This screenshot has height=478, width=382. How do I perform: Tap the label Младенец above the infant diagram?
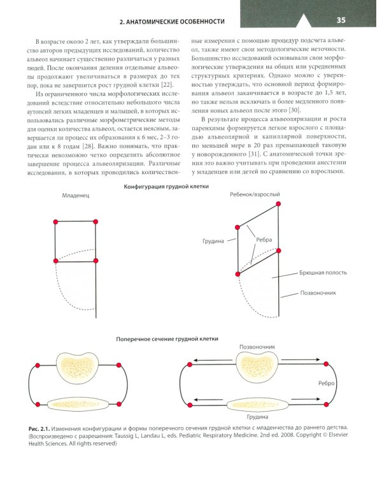tap(74, 197)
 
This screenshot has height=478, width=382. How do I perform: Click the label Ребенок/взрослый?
tap(254, 194)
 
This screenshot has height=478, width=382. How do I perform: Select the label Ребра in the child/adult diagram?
tap(264, 240)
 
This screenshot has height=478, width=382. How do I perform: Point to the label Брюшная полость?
tap(322, 272)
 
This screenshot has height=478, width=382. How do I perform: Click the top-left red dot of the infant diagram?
tap(55, 221)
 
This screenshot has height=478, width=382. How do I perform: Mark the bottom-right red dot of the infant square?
tap(96, 259)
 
